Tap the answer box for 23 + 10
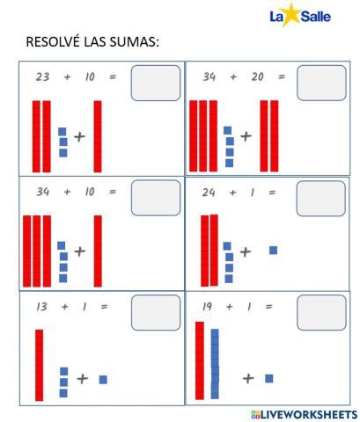pyautogui.click(x=155, y=84)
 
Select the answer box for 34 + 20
pyautogui.click(x=321, y=84)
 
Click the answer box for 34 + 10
pyautogui.click(x=155, y=198)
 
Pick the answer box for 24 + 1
pyautogui.click(x=320, y=198)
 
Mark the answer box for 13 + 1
pyautogui.click(x=155, y=312)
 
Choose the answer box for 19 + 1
pyautogui.click(x=321, y=312)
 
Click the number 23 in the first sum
pyautogui.click(x=42, y=77)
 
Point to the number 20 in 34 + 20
pyautogui.click(x=257, y=77)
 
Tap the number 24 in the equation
pyautogui.click(x=208, y=192)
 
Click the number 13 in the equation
pyautogui.click(x=42, y=307)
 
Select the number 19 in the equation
pyautogui.click(x=208, y=307)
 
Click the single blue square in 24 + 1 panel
pyautogui.click(x=273, y=251)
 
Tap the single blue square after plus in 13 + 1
pyautogui.click(x=103, y=379)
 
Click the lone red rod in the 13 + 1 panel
pyautogui.click(x=39, y=364)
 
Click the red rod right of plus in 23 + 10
pyautogui.click(x=98, y=136)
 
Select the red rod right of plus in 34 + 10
pyautogui.click(x=98, y=251)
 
